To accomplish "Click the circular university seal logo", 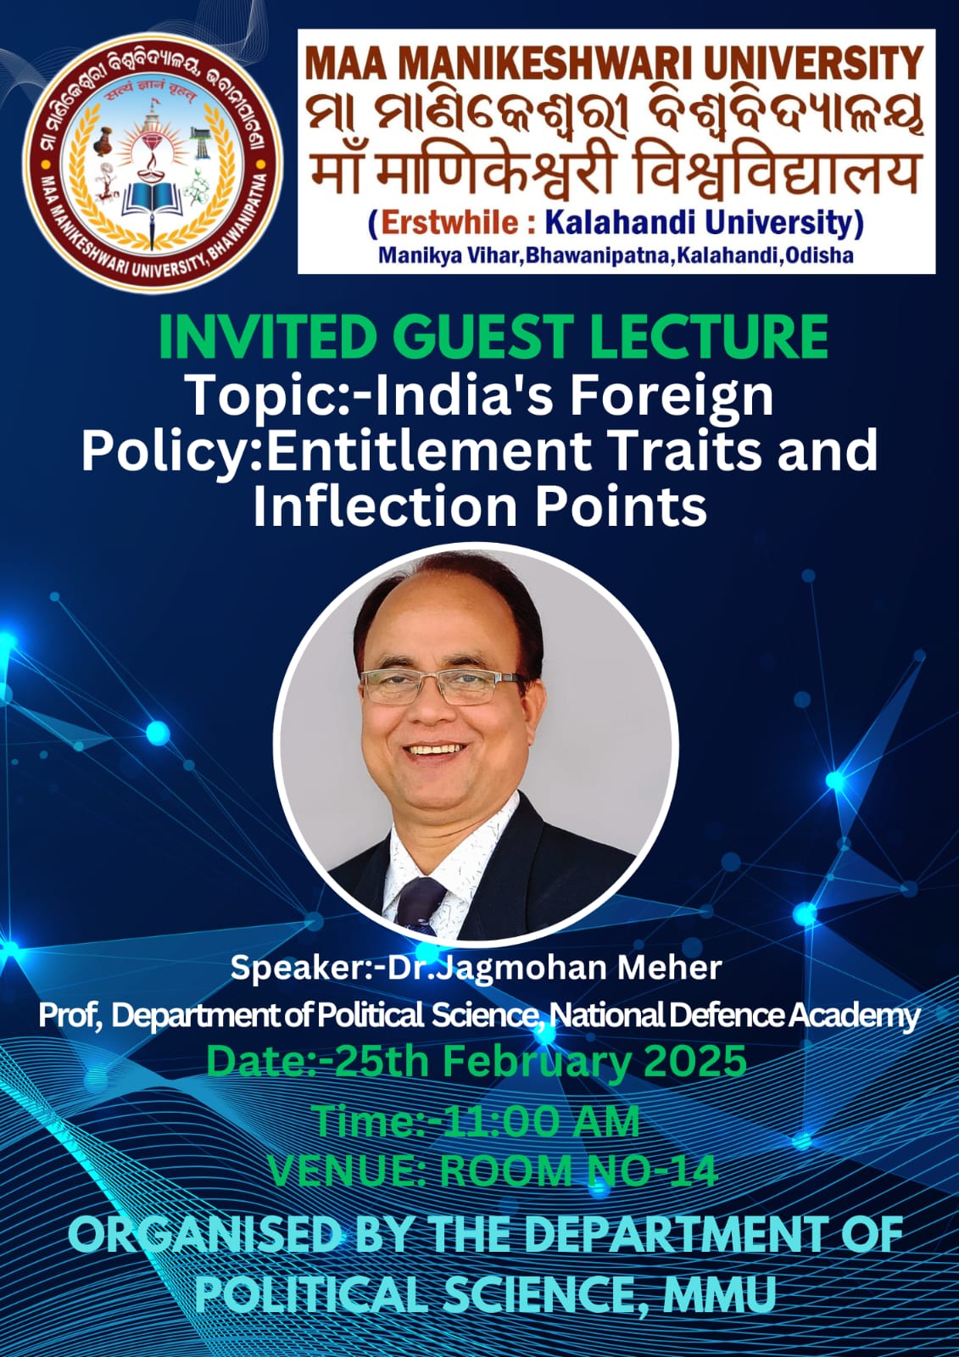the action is click(x=152, y=162).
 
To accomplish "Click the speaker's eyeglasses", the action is click(x=444, y=686).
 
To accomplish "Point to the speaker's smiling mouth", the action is click(x=435, y=751).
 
